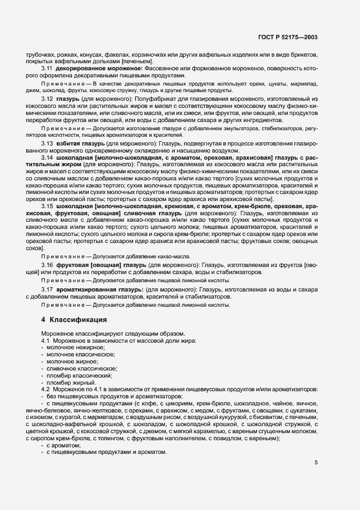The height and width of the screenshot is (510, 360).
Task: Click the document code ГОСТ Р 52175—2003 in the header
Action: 288,37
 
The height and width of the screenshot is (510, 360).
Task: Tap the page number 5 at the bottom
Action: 316,463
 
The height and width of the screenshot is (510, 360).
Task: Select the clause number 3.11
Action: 47,69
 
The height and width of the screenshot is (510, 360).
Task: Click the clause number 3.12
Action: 47,99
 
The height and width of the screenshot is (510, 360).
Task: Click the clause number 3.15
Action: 47,207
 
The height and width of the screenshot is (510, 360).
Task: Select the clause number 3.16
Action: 47,264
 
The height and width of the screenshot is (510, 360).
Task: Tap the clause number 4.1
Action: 46,341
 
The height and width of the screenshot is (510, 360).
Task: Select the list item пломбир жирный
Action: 68,383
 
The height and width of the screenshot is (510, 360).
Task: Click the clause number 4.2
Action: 46,390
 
